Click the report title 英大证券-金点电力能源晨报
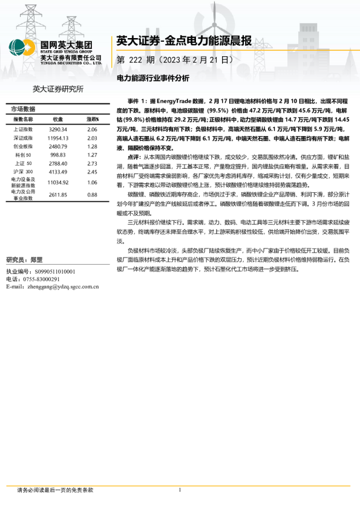pyautogui.click(x=184, y=42)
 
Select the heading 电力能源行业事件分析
pyautogui.click(x=152, y=78)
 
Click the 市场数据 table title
pyautogui.click(x=24, y=109)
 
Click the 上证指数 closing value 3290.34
pyautogui.click(x=57, y=129)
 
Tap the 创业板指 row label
pyautogui.click(x=23, y=147)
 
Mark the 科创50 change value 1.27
pyautogui.click(x=92, y=155)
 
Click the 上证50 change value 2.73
pyautogui.click(x=92, y=164)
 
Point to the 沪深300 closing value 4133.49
pyautogui.click(x=57, y=172)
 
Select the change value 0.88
pyautogui.click(x=92, y=195)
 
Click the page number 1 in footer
pyautogui.click(x=180, y=490)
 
